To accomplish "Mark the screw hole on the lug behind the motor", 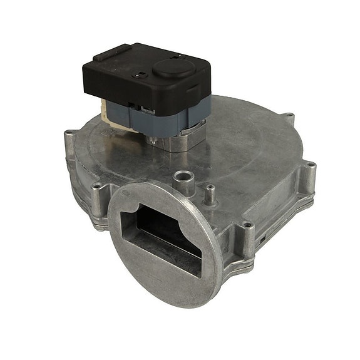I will click(289, 116).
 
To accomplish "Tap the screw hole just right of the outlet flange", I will click(249, 225).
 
